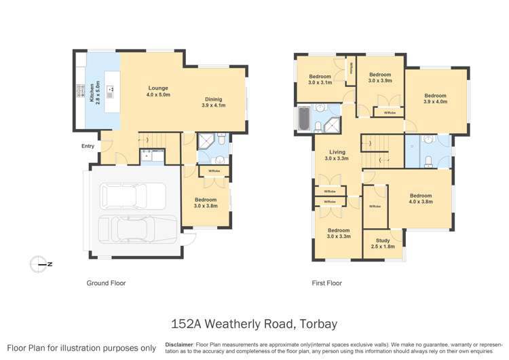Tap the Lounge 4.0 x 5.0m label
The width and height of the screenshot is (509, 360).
tap(158, 92)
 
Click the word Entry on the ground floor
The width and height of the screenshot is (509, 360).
tap(88, 146)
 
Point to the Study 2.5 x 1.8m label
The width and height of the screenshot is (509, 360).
tap(383, 243)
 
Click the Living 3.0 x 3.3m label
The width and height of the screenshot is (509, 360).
tap(337, 156)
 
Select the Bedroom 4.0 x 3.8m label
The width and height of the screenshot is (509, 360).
tap(420, 199)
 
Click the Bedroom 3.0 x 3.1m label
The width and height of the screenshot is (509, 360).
tap(320, 79)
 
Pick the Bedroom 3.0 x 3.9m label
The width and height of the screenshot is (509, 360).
tap(379, 77)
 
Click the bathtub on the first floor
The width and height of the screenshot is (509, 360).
tap(304, 120)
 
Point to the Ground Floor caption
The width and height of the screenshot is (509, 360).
tap(106, 283)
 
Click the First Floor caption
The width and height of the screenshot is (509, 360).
tap(326, 283)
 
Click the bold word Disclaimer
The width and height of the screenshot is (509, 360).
tap(180, 344)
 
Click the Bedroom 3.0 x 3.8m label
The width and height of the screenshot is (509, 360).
tap(206, 202)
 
